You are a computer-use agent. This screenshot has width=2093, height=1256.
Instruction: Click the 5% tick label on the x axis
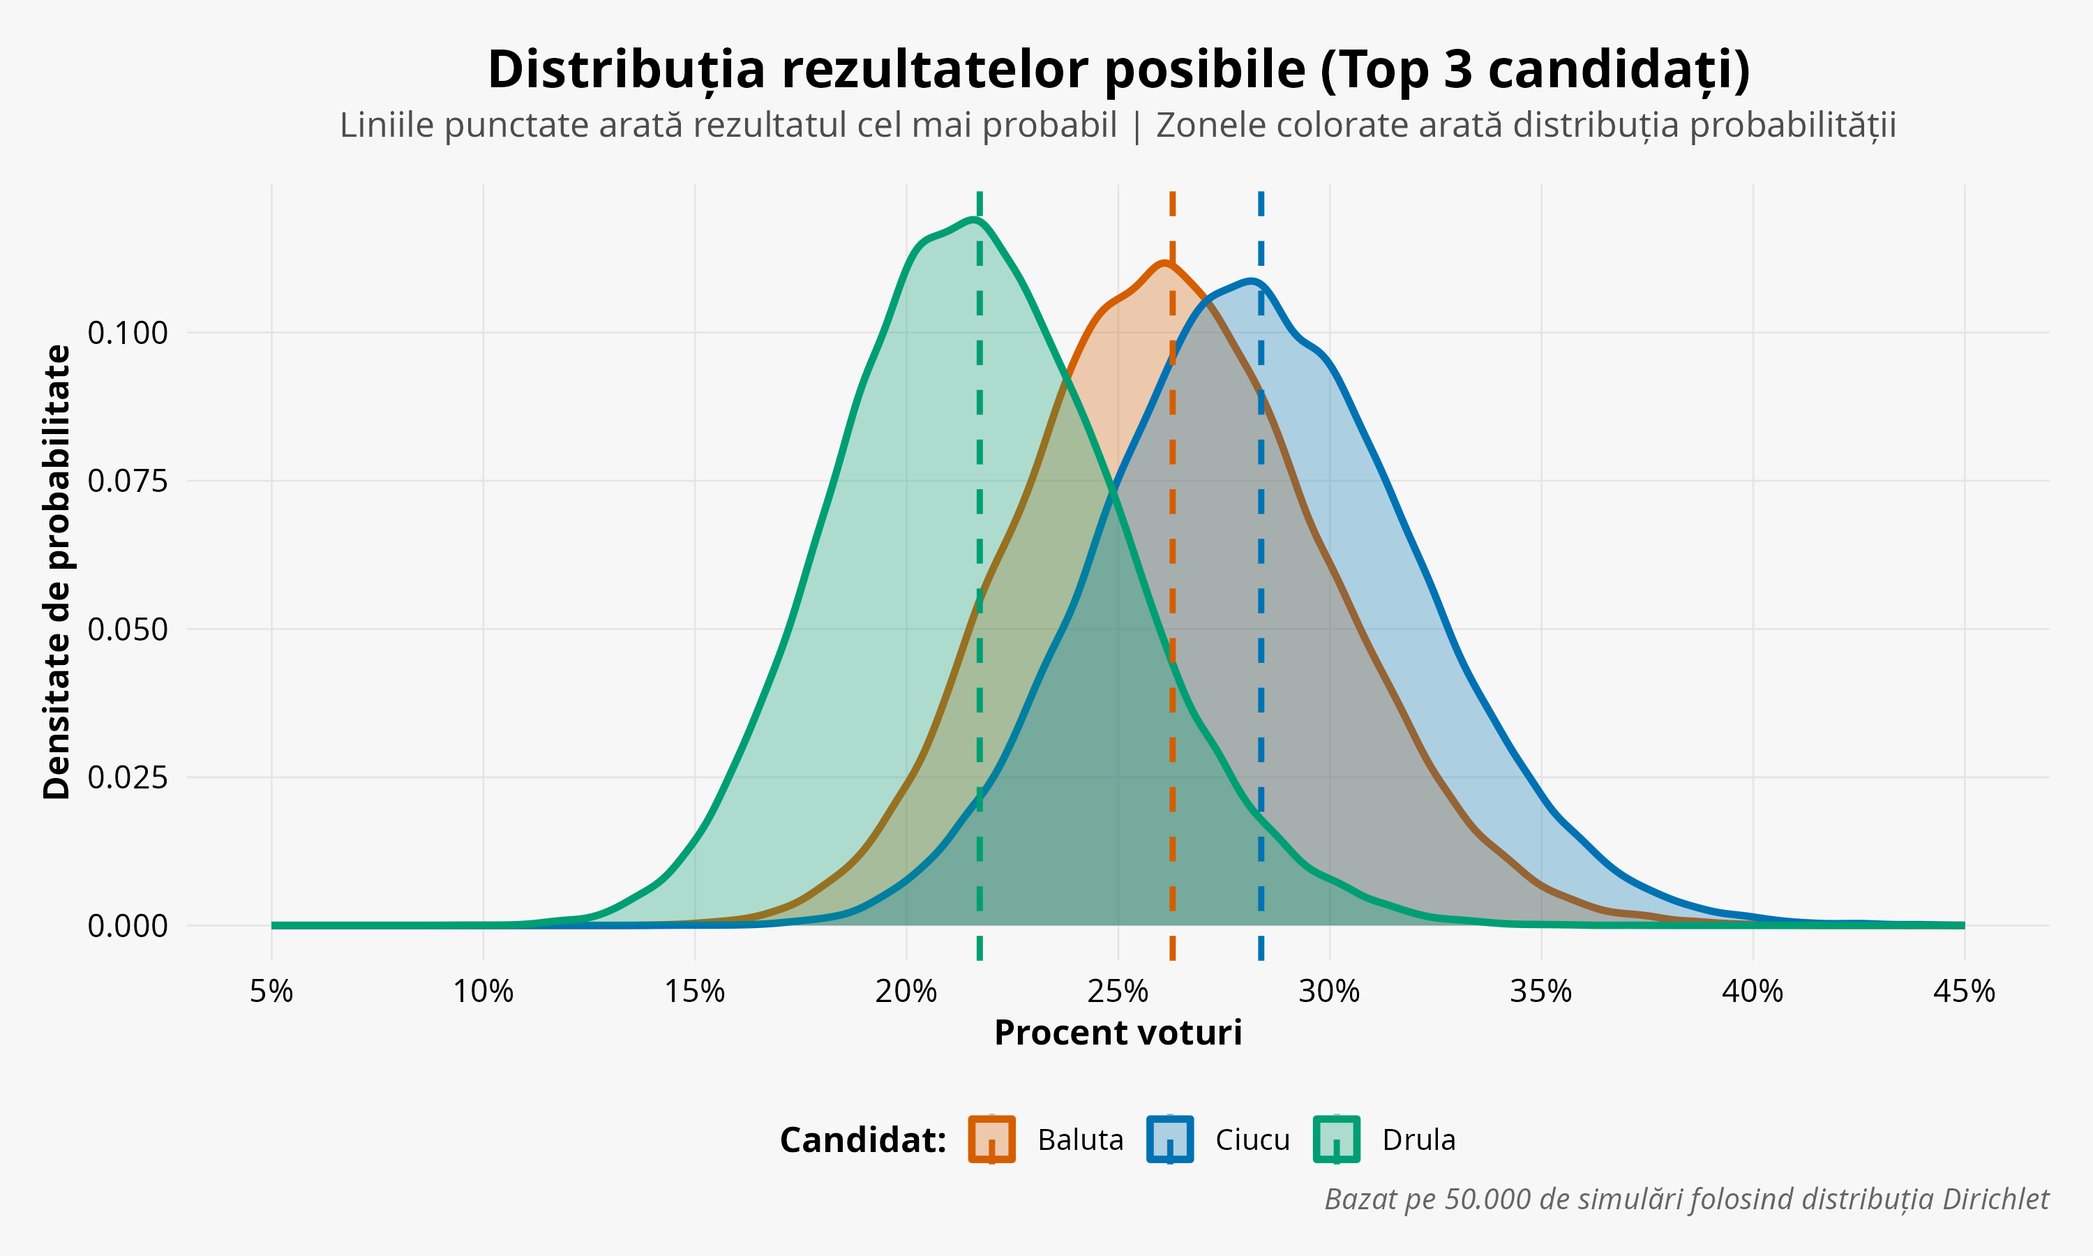pyautogui.click(x=271, y=991)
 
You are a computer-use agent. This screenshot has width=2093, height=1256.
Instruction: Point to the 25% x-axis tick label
pyautogui.click(x=1118, y=991)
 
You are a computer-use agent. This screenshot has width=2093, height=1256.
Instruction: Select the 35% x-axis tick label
pyautogui.click(x=1540, y=991)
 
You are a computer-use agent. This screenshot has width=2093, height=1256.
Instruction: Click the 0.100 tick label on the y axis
pyautogui.click(x=128, y=333)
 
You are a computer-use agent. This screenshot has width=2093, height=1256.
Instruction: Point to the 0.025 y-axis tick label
pyautogui.click(x=128, y=777)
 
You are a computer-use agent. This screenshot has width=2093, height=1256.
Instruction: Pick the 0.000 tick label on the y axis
pyautogui.click(x=128, y=926)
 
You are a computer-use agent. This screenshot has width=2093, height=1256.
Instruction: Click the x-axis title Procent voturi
pyautogui.click(x=1118, y=1033)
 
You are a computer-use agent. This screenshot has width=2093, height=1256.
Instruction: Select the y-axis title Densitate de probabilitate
pyautogui.click(x=57, y=571)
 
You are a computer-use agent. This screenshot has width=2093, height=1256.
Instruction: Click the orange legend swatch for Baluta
pyautogui.click(x=991, y=1139)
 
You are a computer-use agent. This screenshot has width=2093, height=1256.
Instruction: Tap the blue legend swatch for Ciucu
pyautogui.click(x=1170, y=1139)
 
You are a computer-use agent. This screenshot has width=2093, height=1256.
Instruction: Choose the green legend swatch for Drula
pyautogui.click(x=1336, y=1139)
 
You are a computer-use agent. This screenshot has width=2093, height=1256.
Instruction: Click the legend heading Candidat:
pyautogui.click(x=862, y=1140)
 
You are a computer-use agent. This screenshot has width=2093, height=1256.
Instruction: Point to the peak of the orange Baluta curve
pyautogui.click(x=1165, y=264)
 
